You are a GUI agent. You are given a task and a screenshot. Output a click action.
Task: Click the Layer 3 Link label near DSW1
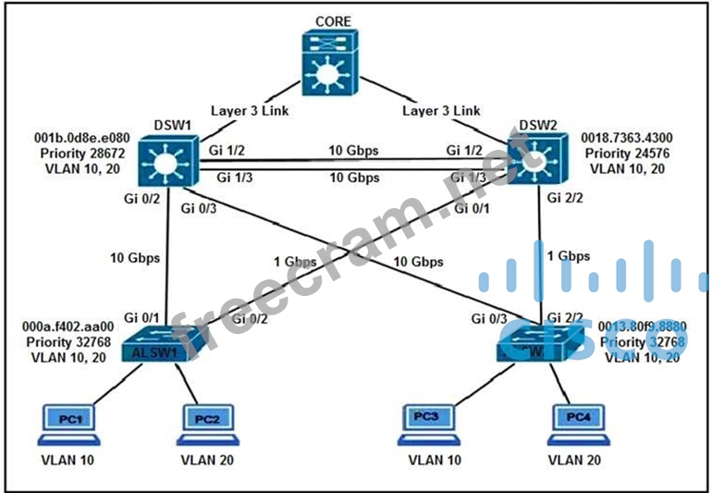251,111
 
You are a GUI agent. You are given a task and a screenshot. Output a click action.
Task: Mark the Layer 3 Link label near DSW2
441,111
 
